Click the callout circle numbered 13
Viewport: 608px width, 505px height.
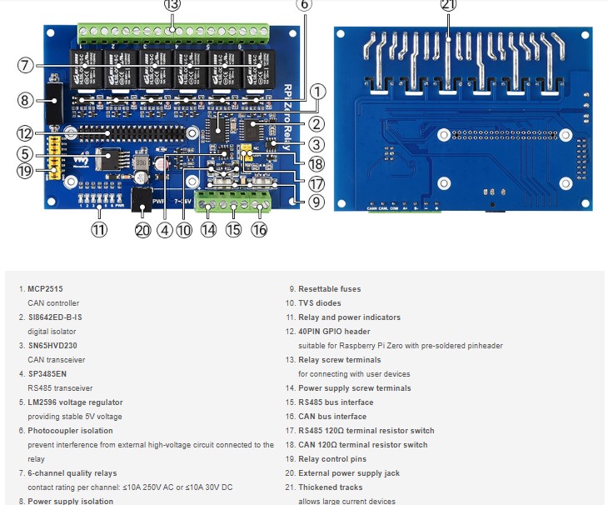pyautogui.click(x=172, y=5)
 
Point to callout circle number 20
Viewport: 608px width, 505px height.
pyautogui.click(x=143, y=230)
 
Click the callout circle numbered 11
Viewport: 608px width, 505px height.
pyautogui.click(x=100, y=230)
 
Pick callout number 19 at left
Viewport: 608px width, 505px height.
pyautogui.click(x=26, y=172)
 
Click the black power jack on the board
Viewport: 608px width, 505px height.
pyautogui.click(x=141, y=199)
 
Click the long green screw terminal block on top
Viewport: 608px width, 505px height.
pyautogui.click(x=173, y=32)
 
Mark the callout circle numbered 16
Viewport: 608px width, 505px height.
pyautogui.click(x=259, y=230)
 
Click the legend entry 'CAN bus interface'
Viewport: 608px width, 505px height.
pyautogui.click(x=331, y=417)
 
